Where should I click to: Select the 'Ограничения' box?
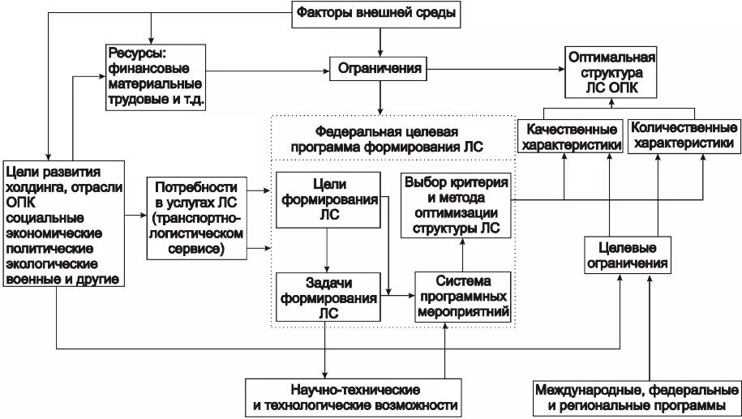click(378, 69)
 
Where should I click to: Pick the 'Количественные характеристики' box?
click(683, 135)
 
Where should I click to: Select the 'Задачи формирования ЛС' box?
click(328, 297)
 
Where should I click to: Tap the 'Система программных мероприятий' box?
click(461, 297)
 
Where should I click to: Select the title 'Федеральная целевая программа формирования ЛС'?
click(385, 139)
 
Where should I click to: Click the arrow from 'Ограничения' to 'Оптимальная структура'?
click(495, 70)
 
